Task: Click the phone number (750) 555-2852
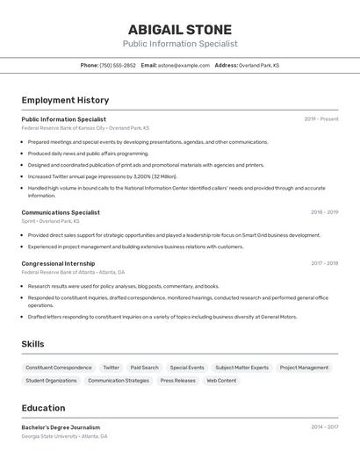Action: (x=118, y=65)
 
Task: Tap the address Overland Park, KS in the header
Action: (x=259, y=65)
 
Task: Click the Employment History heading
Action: (x=65, y=100)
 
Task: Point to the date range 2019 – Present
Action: (x=321, y=119)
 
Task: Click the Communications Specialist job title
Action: (x=61, y=212)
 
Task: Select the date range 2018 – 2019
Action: (x=324, y=212)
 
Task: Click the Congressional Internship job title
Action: (x=58, y=263)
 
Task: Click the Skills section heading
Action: (x=32, y=344)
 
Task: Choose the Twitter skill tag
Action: (x=112, y=368)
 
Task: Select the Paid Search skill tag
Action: (x=144, y=368)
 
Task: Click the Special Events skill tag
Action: (x=187, y=368)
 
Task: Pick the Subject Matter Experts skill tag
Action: (x=242, y=368)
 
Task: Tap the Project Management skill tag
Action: (x=304, y=368)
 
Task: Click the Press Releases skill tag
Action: (x=178, y=381)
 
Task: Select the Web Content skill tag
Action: (x=221, y=381)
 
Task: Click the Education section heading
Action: (x=43, y=408)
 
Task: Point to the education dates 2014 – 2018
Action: (x=324, y=427)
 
